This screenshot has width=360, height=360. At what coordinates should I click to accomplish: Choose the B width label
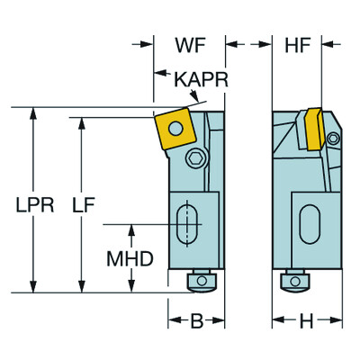coord(193,321)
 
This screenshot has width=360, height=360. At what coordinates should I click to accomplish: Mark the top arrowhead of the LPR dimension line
coord(33,114)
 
